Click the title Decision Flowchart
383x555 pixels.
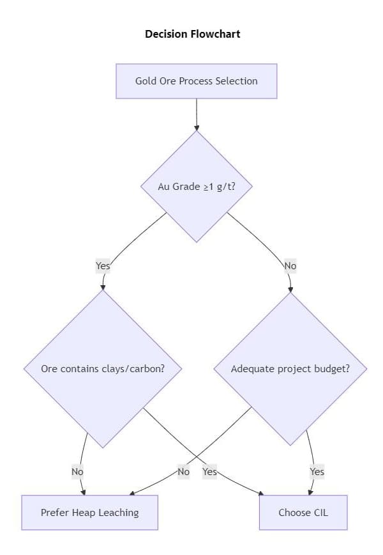click(193, 34)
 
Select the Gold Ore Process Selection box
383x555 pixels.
click(196, 81)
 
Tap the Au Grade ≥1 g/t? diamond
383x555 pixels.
click(196, 187)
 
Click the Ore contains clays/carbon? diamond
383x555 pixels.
click(102, 369)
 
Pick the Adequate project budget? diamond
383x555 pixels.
click(290, 369)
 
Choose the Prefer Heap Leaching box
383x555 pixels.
click(89, 512)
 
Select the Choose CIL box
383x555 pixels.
click(303, 512)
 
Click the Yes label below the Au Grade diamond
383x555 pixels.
click(103, 265)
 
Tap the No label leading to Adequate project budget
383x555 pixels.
click(290, 265)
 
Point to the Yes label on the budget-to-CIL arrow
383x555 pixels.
click(317, 472)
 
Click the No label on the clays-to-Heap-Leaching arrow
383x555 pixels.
click(77, 472)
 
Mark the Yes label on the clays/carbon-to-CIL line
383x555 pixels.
click(209, 472)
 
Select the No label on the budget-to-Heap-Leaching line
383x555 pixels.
click(184, 472)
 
